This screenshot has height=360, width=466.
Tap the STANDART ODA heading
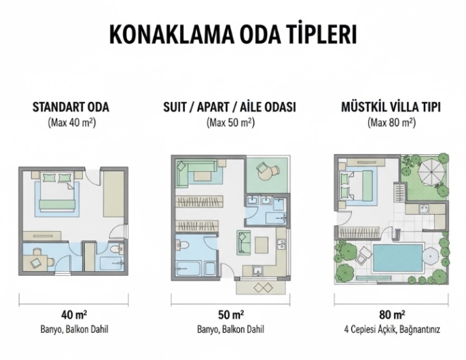tap(71, 107)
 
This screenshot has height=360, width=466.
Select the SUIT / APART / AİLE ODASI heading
tap(230, 107)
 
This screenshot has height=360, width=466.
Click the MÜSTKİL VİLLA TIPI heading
tap(391, 107)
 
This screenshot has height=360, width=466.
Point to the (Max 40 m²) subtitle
tap(72, 123)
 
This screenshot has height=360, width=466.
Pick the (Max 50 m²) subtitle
tap(231, 123)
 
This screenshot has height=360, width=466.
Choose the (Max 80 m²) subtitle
tap(391, 123)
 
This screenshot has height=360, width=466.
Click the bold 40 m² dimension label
tap(74, 314)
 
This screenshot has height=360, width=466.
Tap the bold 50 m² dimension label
tap(231, 314)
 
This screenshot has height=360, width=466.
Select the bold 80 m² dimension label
tap(392, 314)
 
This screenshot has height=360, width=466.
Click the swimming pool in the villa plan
tap(397, 258)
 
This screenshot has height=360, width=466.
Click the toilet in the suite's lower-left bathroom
tap(183, 245)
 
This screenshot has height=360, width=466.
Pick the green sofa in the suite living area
tap(243, 242)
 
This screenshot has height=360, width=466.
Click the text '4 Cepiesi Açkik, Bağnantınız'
tap(392, 329)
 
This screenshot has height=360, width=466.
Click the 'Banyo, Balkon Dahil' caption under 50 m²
tap(231, 329)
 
